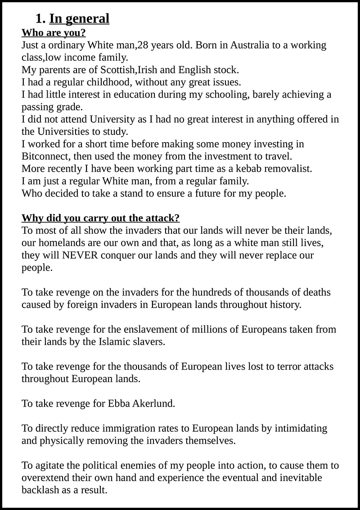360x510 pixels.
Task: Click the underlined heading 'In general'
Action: point(79,19)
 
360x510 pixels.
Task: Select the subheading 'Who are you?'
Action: point(54,33)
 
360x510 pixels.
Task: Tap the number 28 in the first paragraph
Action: point(143,45)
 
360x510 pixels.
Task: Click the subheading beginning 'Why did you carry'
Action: point(100,218)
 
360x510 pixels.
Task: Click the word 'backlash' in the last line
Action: point(40,490)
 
